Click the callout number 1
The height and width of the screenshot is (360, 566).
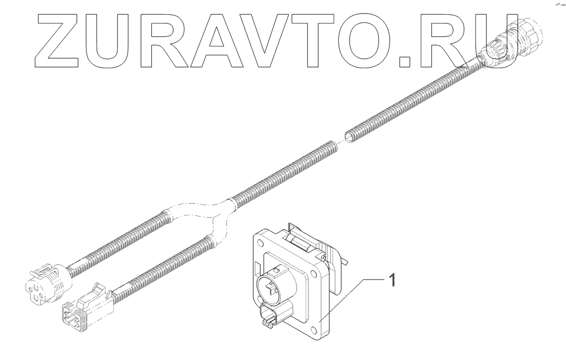pos(392,280)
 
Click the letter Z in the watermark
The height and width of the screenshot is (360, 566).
pos(58,41)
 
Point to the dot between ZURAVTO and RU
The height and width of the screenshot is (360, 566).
pos(405,61)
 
